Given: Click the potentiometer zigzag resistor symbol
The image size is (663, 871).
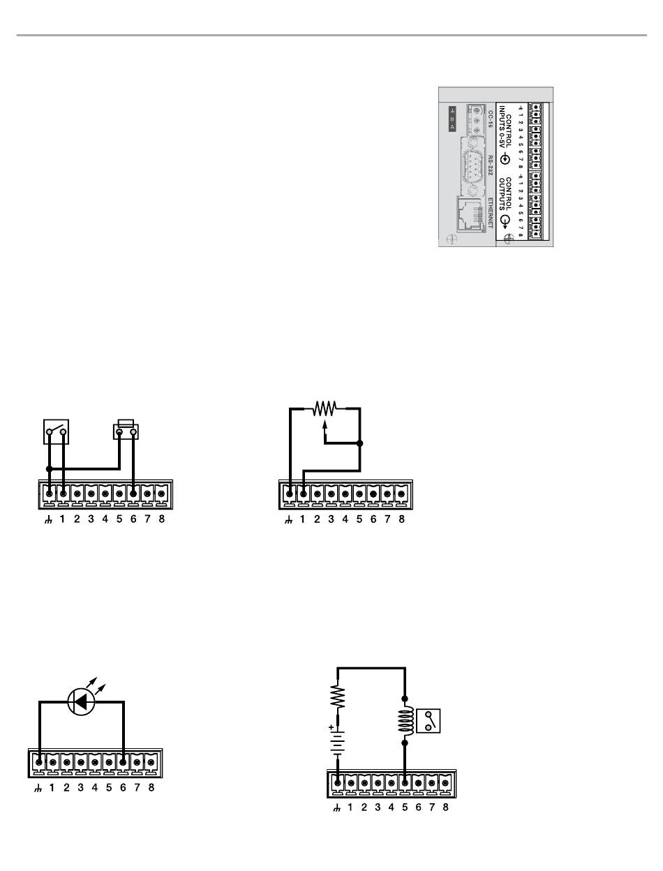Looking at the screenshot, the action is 325,408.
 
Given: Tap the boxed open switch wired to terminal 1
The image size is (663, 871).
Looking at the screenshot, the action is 57,432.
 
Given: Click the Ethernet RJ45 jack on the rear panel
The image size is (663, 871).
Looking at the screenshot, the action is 472,214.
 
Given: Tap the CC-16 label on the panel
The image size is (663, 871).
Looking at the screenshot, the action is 491,119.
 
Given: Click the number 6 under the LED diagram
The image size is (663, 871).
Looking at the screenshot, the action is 123,789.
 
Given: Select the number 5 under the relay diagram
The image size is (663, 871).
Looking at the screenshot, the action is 405,807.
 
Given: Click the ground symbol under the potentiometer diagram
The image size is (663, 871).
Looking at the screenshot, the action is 289,520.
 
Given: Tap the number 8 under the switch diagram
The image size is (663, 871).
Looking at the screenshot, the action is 161,520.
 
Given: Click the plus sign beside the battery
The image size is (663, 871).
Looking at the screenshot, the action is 331,728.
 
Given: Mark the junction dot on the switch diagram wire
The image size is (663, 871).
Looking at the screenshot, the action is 49,468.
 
